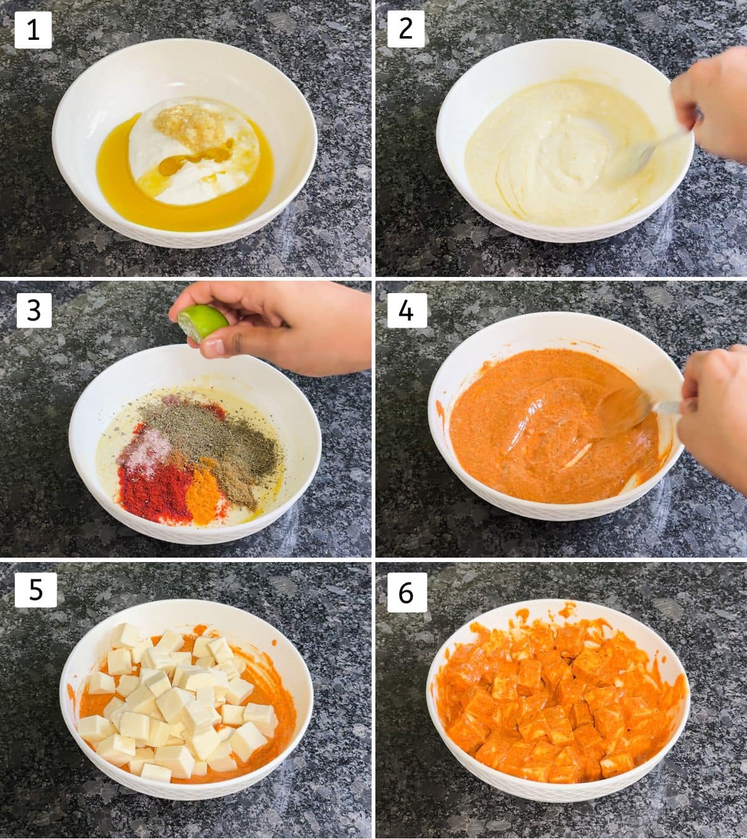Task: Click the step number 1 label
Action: click(33, 30)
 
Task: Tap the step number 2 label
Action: click(406, 29)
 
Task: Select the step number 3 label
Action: click(34, 310)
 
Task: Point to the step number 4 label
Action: click(407, 310)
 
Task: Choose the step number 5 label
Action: click(35, 590)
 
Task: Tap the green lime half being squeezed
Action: click(202, 323)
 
